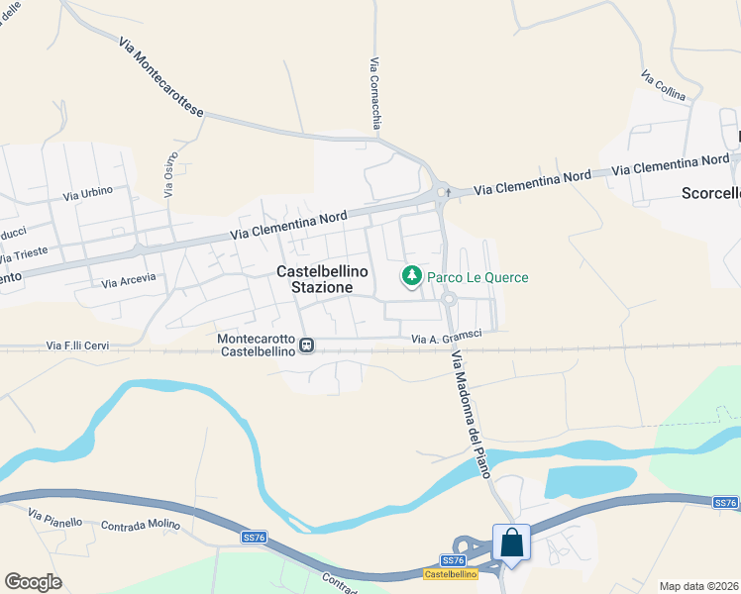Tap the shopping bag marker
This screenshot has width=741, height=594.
click(512, 544)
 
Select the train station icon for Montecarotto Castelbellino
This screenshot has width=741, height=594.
click(307, 346)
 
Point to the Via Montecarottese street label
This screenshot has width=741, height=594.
click(159, 78)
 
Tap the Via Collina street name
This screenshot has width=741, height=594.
click(663, 86)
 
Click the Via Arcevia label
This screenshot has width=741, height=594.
click(129, 280)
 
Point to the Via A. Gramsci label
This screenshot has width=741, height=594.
click(447, 339)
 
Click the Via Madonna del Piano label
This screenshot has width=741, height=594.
click(471, 416)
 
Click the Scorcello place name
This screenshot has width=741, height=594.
click(710, 193)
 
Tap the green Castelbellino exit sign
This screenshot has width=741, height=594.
click(451, 574)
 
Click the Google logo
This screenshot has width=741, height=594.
click(33, 582)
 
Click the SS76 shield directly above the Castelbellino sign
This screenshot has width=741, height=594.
click(451, 560)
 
